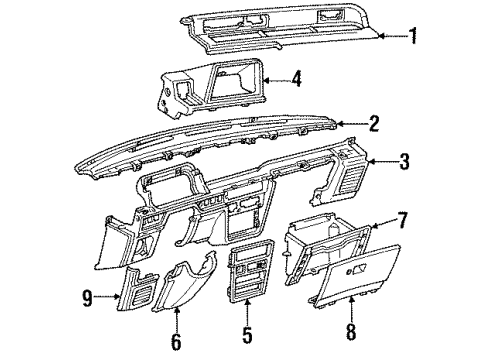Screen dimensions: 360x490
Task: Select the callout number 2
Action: coord(372,124)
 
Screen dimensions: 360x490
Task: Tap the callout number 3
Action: coord(404,160)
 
